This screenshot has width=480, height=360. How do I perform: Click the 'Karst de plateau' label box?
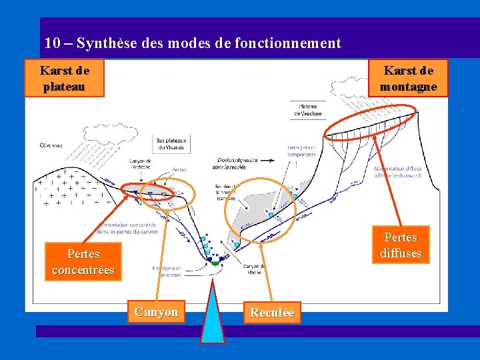[64, 79]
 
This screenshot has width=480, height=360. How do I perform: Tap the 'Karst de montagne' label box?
[409, 79]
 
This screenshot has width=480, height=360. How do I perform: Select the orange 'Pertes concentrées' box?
[83, 262]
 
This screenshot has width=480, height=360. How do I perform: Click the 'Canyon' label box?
[156, 312]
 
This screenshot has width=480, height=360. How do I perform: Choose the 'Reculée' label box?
[271, 313]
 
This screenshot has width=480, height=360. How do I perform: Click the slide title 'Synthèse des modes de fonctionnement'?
[209, 44]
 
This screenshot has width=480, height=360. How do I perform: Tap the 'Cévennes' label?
[51, 145]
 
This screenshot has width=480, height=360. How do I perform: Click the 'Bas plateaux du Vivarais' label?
[171, 143]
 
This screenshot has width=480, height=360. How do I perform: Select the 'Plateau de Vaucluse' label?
[307, 110]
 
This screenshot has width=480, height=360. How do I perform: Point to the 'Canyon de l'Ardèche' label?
[140, 164]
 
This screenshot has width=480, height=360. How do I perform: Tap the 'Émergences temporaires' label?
[301, 151]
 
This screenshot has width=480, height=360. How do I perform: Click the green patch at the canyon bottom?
[214, 263]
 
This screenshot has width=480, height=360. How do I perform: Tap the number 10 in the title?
[53, 44]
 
